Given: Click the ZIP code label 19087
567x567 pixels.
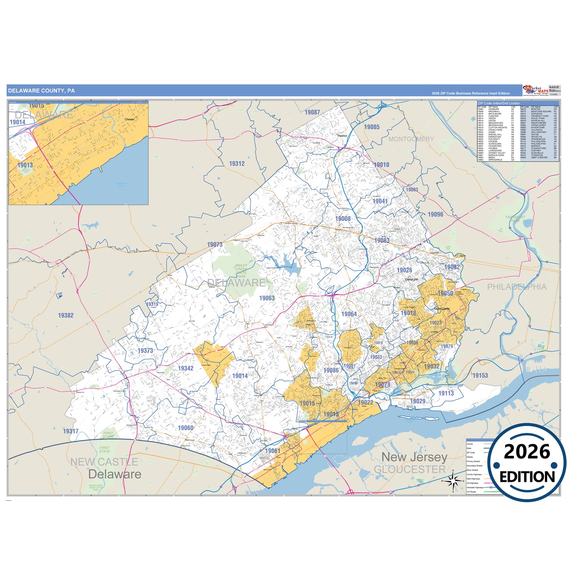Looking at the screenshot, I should click(312, 112).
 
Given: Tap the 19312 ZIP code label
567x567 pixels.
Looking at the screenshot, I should click(237, 164).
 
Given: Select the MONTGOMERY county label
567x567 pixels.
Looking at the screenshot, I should click(411, 139).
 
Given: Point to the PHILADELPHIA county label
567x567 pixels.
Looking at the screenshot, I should click(517, 287).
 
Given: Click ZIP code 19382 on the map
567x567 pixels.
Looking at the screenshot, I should click(66, 315).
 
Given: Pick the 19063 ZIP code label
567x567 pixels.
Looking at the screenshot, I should click(267, 298).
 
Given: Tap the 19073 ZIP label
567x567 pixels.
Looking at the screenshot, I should click(215, 244).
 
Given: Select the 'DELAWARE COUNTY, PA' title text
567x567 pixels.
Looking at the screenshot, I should click(41, 91).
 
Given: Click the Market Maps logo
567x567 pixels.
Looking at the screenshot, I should click(536, 91).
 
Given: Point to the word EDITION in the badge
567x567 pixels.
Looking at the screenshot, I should click(527, 477).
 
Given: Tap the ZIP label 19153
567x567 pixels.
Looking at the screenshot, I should click(480, 376).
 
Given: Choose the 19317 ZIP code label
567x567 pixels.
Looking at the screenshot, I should click(71, 431).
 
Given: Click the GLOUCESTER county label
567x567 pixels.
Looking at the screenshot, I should click(410, 469).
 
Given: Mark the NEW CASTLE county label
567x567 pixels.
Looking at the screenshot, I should click(104, 462).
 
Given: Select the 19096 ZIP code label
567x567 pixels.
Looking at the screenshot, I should click(435, 214).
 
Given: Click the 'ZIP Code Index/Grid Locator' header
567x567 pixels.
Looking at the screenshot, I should click(499, 103).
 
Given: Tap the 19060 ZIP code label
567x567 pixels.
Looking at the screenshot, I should click(185, 428).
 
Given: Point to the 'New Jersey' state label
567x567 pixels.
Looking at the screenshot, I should click(414, 457).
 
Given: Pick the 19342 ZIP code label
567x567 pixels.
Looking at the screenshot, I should click(186, 368).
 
